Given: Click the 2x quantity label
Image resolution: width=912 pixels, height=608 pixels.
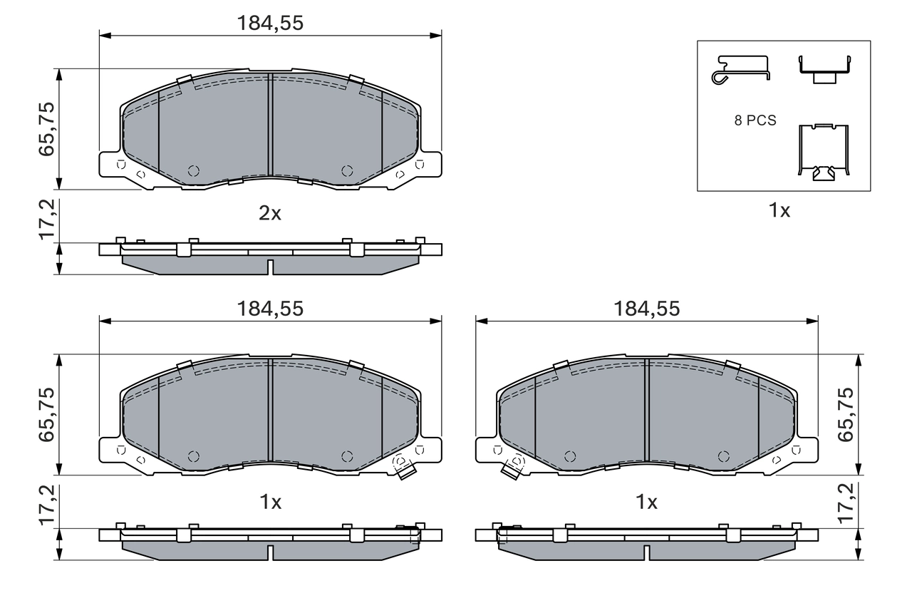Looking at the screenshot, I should click(270, 213).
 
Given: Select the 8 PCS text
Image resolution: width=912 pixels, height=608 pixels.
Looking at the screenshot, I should click(755, 121).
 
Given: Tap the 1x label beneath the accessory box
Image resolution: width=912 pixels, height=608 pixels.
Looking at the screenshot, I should click(779, 211).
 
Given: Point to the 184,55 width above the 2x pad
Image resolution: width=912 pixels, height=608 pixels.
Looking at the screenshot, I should click(270, 24).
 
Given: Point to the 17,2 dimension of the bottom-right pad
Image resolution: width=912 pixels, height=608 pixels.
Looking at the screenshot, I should click(846, 505).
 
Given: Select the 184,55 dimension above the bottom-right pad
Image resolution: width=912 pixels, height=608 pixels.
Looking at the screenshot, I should click(646, 309).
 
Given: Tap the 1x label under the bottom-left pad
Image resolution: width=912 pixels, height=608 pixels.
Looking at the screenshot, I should click(270, 503).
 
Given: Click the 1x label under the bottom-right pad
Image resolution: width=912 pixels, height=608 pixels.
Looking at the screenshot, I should click(646, 503).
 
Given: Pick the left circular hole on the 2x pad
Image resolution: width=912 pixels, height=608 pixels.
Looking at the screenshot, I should click(193, 170).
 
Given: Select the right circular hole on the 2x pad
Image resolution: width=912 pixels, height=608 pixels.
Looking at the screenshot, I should click(347, 170).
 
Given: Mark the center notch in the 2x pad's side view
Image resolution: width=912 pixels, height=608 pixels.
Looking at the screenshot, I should click(270, 267).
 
